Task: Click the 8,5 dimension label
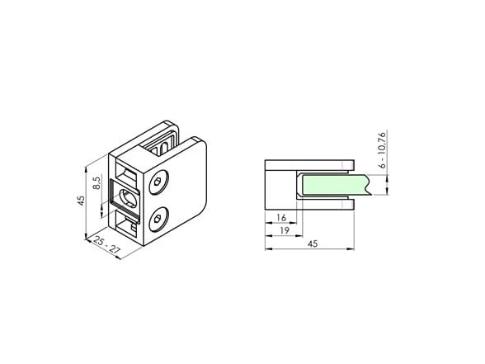click(x=97, y=183)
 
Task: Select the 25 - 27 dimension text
click(x=106, y=245)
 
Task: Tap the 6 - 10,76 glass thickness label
click(x=383, y=150)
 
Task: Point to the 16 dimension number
click(x=281, y=218)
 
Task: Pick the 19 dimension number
click(x=285, y=230)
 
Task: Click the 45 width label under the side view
click(x=313, y=244)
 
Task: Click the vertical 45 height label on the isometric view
click(x=81, y=201)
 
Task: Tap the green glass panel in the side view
click(x=336, y=185)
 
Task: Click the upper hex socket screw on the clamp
click(x=158, y=182)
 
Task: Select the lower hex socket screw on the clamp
click(x=158, y=220)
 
